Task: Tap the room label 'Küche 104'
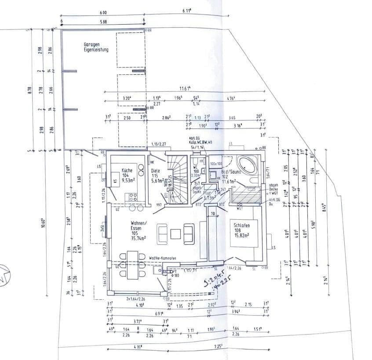click(x=127, y=173)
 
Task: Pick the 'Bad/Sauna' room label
click(x=232, y=173)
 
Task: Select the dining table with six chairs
click(x=131, y=265)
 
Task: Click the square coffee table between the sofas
click(x=176, y=233)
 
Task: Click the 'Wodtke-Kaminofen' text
click(x=162, y=258)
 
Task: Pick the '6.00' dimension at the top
click(x=103, y=13)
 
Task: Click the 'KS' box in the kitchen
click(x=116, y=181)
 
